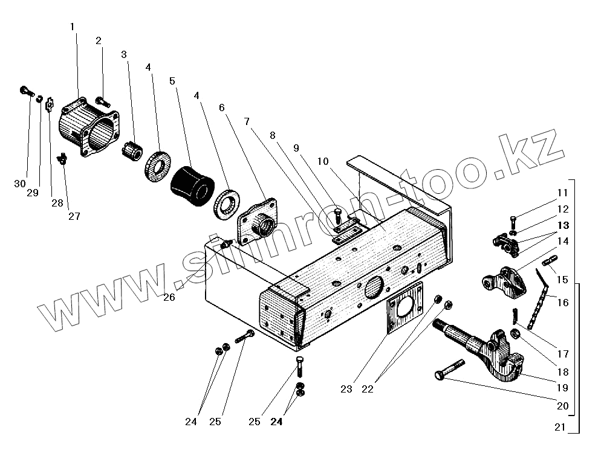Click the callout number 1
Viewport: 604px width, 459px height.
[x=73, y=27]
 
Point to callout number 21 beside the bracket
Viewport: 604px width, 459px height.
[x=559, y=428]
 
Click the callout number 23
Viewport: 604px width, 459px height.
[x=346, y=390]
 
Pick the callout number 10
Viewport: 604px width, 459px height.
[x=323, y=161]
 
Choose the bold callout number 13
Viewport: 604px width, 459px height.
[x=563, y=225]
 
